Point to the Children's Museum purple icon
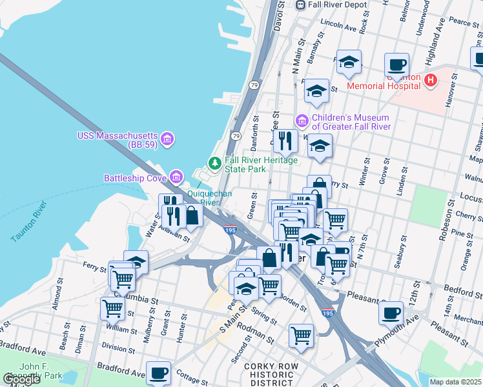pyautogui.click(x=302, y=121)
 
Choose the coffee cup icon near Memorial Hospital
pyautogui.click(x=396, y=64)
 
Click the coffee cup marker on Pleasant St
pyautogui.click(x=391, y=313)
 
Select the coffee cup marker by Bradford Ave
pyautogui.click(x=158, y=372)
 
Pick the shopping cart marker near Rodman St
pyautogui.click(x=301, y=335)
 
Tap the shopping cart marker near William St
pyautogui.click(x=112, y=308)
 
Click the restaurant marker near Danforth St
pyautogui.click(x=285, y=140)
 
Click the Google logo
pyautogui.click(x=21, y=379)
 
